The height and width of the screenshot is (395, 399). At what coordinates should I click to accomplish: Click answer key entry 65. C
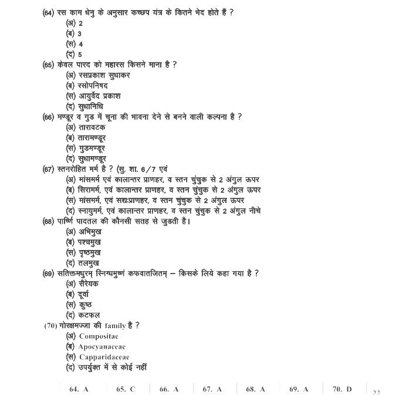click(x=126, y=389)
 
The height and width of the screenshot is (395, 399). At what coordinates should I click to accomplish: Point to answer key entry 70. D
click(x=342, y=389)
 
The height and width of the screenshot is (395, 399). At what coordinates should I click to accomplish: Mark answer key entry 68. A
click(x=255, y=389)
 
